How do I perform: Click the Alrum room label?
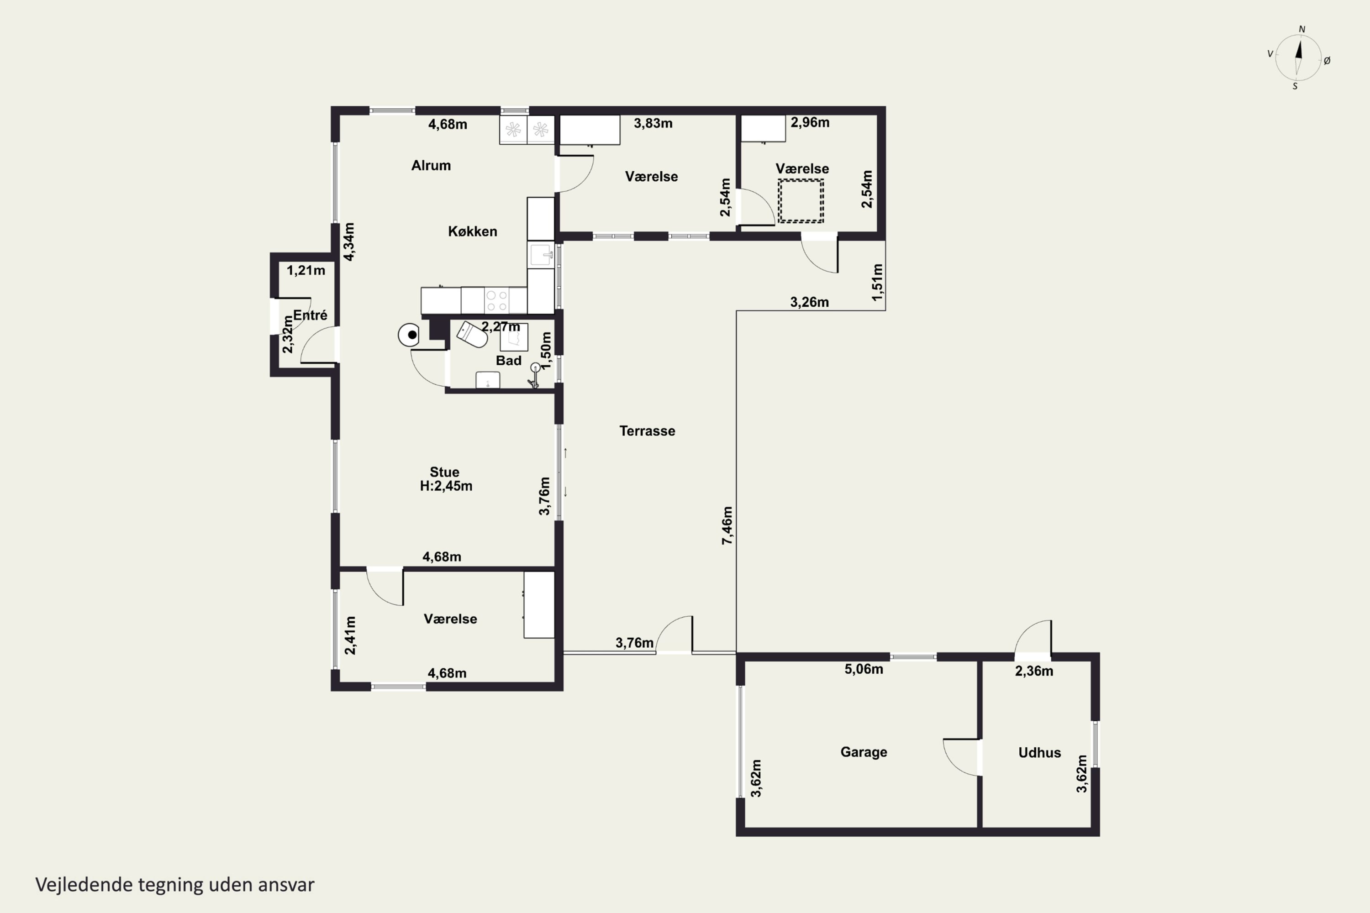click(431, 165)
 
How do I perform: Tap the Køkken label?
click(472, 231)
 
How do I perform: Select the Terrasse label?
click(647, 431)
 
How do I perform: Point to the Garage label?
click(864, 752)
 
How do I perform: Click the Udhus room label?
click(1040, 752)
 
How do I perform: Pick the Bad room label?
click(509, 361)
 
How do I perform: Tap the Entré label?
click(310, 315)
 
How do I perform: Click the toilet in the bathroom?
click(472, 334)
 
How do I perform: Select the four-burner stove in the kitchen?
click(496, 300)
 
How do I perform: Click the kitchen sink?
click(541, 254)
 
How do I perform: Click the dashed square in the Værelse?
click(801, 201)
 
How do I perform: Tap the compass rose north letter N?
click(1302, 29)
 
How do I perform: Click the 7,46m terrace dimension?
click(727, 525)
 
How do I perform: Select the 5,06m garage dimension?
click(864, 669)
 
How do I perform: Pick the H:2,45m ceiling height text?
click(446, 486)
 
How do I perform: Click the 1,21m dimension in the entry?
click(306, 270)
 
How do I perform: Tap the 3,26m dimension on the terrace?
click(809, 302)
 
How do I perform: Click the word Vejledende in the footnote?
click(84, 885)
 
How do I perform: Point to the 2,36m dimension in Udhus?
click(1034, 671)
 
